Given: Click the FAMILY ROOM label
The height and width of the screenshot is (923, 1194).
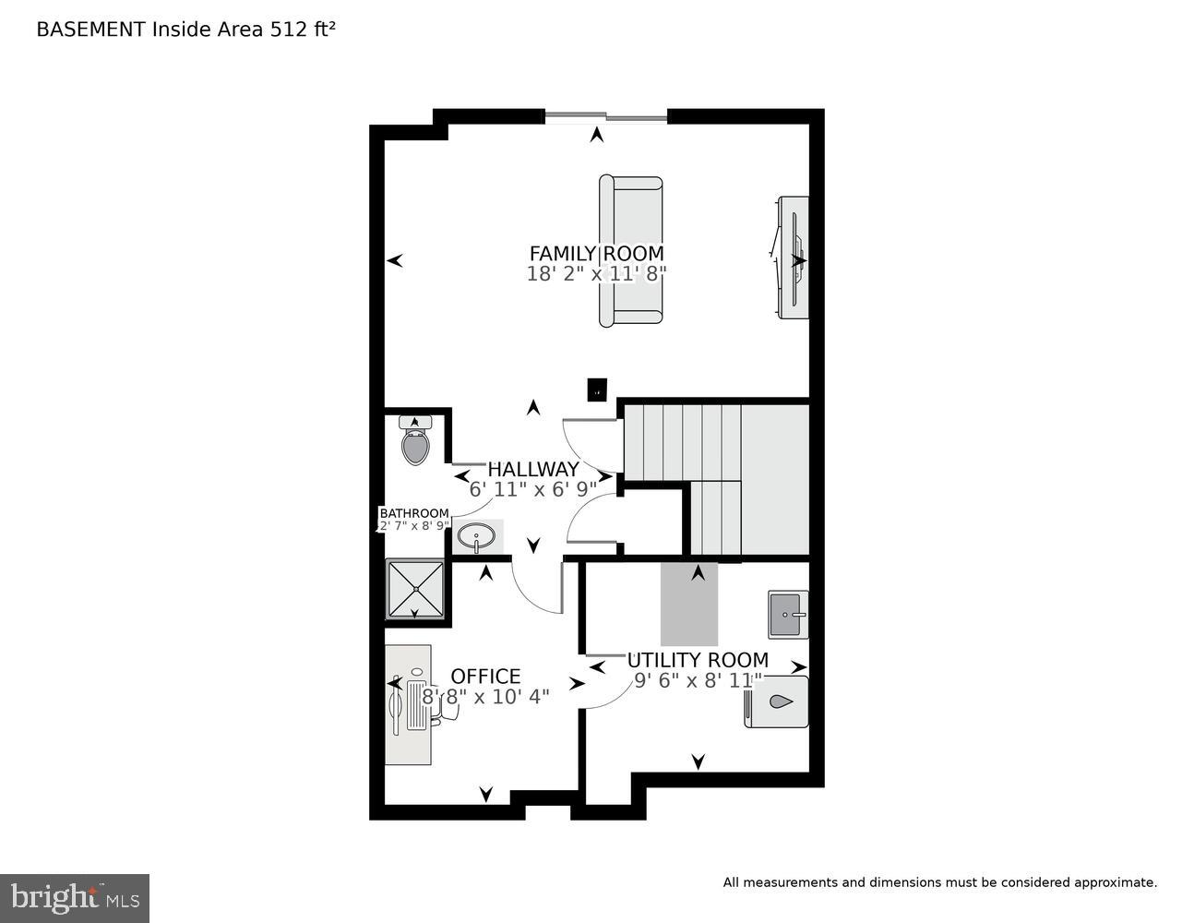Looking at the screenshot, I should (596, 253).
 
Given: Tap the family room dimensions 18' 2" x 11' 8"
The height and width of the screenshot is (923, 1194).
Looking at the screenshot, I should (596, 274).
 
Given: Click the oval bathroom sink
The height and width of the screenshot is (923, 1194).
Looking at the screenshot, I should (477, 536).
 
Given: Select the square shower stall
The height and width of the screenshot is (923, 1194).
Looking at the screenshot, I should (414, 589).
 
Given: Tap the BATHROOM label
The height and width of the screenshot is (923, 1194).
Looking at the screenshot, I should (414, 513).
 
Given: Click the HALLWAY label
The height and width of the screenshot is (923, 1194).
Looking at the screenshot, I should (533, 469).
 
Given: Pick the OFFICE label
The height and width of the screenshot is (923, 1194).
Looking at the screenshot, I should (485, 677).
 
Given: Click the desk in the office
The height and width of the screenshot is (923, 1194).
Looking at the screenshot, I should (408, 705).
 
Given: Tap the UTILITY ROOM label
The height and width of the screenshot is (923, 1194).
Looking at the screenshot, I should (698, 660).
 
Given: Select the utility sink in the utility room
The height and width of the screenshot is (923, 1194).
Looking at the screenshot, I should (788, 614).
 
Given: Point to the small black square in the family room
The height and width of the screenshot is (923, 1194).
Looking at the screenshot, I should (597, 390).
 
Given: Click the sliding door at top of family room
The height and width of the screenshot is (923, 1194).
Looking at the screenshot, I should (605, 117).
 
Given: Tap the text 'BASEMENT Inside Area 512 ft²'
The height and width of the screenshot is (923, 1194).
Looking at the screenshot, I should (185, 30).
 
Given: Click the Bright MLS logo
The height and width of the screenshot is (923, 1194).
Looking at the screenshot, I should (75, 897).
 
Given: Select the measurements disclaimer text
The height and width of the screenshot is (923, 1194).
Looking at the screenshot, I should (939, 882).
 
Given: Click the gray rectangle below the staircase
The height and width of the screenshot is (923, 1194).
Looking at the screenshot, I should (688, 604).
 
